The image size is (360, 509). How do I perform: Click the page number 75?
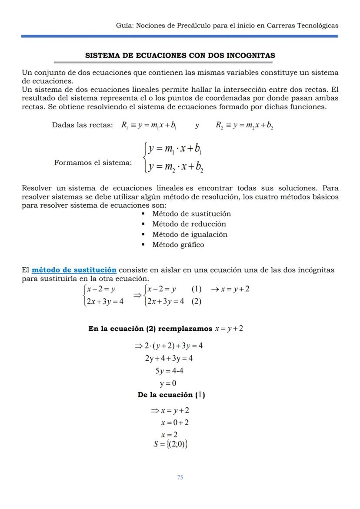click(x=180, y=477)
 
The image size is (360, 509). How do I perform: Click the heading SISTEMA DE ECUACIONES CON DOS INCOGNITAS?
click(x=180, y=56)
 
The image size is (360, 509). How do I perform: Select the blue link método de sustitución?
click(x=74, y=270)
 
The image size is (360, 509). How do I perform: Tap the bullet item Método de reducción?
click(x=189, y=224)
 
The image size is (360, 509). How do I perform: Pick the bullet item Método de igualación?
click(x=190, y=234)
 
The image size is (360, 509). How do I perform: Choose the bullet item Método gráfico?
click(x=178, y=245)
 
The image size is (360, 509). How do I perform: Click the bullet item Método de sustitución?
click(x=191, y=214)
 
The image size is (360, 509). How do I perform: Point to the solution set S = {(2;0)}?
click(x=170, y=444)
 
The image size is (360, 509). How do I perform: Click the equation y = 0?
click(x=168, y=383)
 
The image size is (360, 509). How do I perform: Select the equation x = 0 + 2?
click(x=174, y=423)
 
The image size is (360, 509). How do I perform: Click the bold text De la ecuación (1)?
click(x=171, y=395)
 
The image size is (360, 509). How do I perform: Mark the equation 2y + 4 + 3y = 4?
click(x=169, y=359)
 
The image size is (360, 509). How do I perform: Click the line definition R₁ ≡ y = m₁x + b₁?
click(x=149, y=126)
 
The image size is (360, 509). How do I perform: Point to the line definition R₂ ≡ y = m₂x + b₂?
click(x=244, y=126)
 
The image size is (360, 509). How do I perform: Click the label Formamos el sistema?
click(x=93, y=163)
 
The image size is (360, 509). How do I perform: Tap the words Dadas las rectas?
click(x=83, y=126)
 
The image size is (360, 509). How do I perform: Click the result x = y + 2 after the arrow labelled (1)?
click(x=235, y=289)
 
